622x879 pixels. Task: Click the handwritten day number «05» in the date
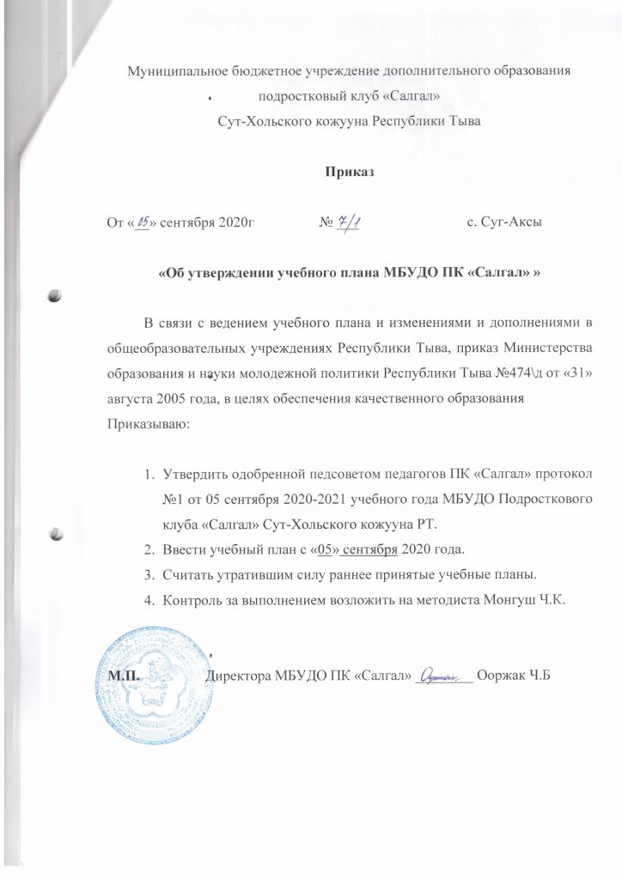click(x=143, y=223)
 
